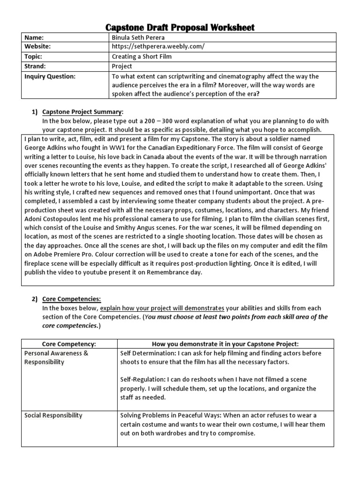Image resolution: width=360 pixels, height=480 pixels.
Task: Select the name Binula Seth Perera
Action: tap(139, 37)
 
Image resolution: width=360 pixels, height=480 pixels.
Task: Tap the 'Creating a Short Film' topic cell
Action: tap(142, 57)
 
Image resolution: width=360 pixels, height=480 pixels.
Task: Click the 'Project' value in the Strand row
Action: tap(122, 66)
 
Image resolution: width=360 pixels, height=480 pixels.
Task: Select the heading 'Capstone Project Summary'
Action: tap(82, 112)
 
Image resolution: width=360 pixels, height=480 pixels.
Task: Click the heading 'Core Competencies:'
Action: tap(71, 299)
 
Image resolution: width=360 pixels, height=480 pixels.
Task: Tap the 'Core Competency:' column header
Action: tap(70, 344)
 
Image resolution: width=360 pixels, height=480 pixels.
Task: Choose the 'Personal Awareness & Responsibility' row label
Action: tap(56, 358)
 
